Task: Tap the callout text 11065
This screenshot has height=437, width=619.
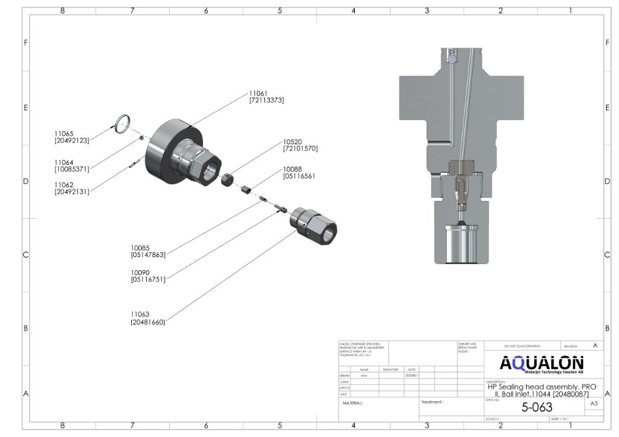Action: coord(64,134)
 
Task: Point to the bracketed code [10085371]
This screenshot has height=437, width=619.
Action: coord(72,169)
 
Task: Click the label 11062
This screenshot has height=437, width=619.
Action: coord(64,185)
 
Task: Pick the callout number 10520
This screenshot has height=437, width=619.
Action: coord(294,142)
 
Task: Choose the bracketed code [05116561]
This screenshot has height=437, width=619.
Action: coord(300,176)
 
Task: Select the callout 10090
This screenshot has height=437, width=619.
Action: coord(141,273)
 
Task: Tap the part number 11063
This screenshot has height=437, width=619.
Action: coord(141,315)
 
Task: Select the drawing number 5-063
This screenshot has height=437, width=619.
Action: coord(537,407)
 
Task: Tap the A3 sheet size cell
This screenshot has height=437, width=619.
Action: coord(594,404)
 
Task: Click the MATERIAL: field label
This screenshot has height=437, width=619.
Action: coord(353,403)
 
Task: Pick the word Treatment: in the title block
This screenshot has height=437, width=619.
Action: coord(432,402)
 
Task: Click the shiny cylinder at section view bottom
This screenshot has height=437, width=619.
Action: coord(461,244)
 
